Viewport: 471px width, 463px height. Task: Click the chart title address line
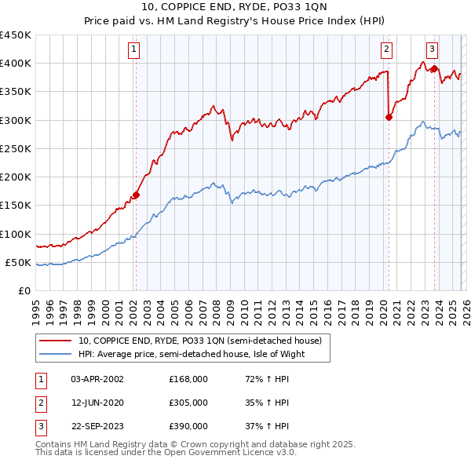tap(235, 7)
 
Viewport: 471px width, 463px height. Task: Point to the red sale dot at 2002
tap(136, 195)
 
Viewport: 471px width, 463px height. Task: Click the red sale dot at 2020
tap(389, 117)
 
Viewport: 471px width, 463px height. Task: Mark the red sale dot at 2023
tap(433, 68)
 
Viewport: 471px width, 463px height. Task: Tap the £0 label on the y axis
tap(24, 290)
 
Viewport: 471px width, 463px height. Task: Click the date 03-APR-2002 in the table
tap(97, 379)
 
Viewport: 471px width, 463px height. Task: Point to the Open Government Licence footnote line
tap(166, 453)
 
